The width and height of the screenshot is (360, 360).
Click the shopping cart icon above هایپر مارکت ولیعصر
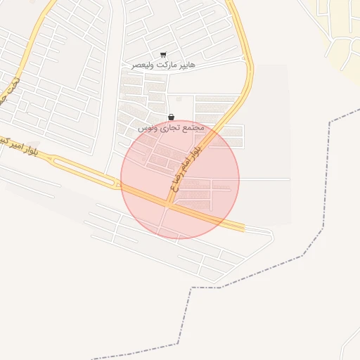pos(163,55)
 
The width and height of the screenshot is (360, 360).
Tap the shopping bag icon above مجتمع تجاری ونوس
pos(171,117)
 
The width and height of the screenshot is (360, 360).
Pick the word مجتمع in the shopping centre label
pos(192,128)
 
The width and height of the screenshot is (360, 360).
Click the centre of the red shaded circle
pos(180,180)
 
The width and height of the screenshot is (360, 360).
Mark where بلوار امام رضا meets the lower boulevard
pos(169,205)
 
